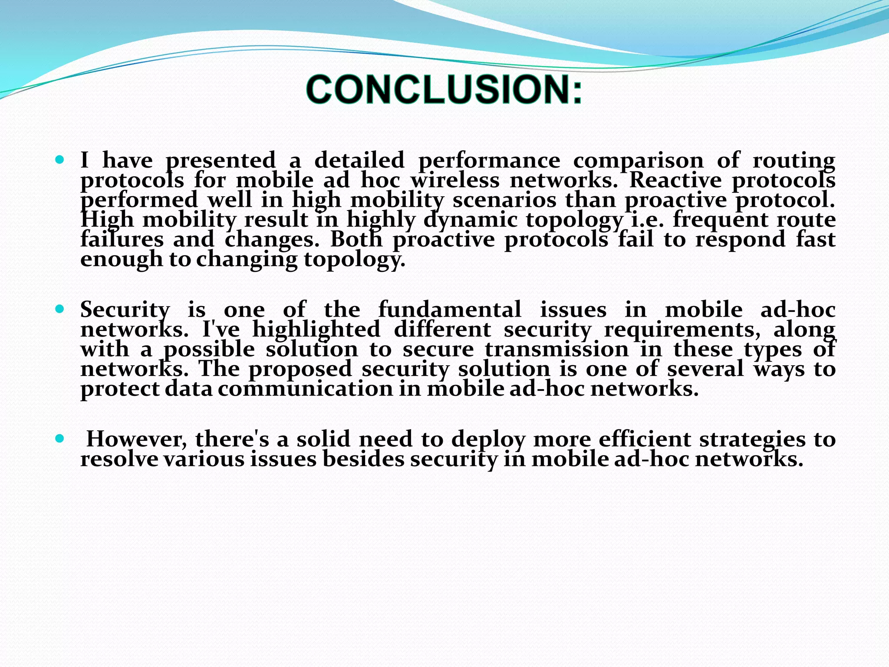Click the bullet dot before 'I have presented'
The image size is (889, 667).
coord(60,160)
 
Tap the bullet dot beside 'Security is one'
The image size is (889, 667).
coord(60,309)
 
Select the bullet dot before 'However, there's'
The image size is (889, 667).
coord(60,439)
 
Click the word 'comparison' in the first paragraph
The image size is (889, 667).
coord(638,161)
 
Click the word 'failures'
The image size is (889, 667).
coord(122,239)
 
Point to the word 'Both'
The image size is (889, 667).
coord(356,239)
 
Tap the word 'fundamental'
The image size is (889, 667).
coord(450,310)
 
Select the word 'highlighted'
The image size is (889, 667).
coord(316,329)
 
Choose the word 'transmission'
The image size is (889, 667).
coord(556,349)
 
